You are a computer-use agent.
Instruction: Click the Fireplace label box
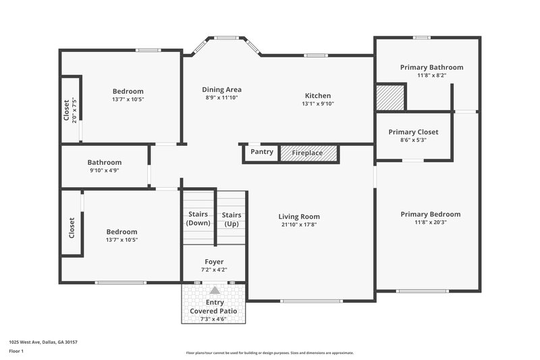(307, 153)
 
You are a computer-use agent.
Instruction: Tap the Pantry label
(262, 152)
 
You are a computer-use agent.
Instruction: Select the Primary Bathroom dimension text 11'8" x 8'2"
(431, 76)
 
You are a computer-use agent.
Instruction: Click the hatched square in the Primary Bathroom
(389, 97)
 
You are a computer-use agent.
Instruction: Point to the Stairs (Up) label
(232, 220)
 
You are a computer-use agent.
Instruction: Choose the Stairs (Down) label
(198, 219)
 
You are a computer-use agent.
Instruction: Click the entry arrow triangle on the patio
(215, 290)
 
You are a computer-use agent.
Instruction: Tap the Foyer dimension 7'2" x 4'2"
(214, 270)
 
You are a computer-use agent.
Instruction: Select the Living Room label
(299, 217)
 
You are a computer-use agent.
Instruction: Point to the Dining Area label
(222, 89)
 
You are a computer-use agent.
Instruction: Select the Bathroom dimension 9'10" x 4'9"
(105, 171)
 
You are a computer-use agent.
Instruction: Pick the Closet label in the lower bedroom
(71, 227)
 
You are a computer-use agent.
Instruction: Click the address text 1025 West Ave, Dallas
(43, 342)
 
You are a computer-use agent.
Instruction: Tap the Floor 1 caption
(16, 352)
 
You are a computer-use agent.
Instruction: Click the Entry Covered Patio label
(214, 307)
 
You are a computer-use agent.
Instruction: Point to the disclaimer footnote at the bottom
(269, 353)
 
